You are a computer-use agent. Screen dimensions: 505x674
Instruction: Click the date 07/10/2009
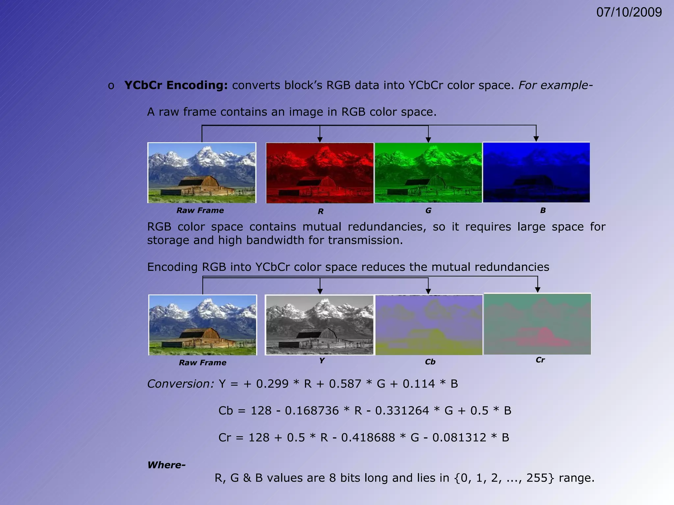tap(629, 12)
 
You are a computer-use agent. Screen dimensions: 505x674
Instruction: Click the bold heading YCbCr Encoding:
tap(176, 85)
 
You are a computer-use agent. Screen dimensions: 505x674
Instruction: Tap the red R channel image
tap(320, 173)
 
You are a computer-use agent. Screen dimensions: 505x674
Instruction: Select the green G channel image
tap(428, 173)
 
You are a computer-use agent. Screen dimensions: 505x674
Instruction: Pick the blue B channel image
tap(536, 172)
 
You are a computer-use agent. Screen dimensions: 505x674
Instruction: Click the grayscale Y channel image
tap(320, 325)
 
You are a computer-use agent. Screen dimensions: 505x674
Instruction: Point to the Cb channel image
tap(429, 325)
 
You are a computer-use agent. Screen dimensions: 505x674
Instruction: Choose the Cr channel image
tap(537, 324)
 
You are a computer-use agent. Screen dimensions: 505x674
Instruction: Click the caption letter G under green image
tap(428, 210)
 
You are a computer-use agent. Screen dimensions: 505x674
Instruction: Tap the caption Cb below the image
tap(430, 362)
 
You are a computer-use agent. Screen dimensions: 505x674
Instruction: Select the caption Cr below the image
tap(540, 360)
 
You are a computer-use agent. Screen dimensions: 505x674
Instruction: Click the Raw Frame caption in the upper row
tap(200, 210)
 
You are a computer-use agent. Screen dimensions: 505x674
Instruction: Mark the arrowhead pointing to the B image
tap(536, 139)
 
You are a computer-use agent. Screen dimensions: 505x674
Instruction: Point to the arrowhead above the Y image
tap(320, 291)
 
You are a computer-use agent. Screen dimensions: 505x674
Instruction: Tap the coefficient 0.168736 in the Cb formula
tap(312, 411)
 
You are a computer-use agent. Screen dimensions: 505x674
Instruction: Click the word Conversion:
tap(181, 384)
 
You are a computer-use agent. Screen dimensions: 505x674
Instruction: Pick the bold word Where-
tap(167, 465)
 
